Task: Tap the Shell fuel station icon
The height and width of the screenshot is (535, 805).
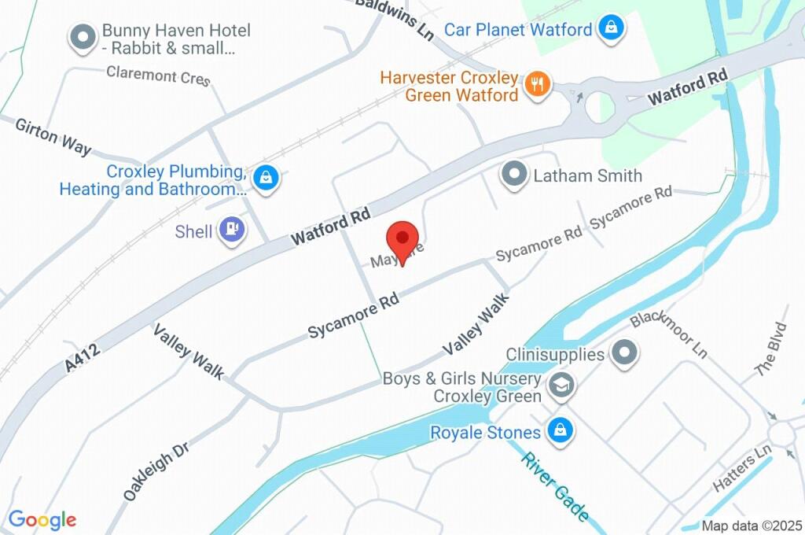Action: pyautogui.click(x=232, y=231)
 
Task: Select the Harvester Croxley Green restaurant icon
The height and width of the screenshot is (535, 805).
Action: pyautogui.click(x=539, y=85)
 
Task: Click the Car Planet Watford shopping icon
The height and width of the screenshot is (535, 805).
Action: pyautogui.click(x=610, y=30)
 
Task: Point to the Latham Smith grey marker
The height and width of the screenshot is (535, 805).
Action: pyautogui.click(x=515, y=175)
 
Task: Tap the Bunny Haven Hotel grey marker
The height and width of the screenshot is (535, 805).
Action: pyautogui.click(x=83, y=38)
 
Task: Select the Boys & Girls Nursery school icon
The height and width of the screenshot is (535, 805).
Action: pyautogui.click(x=561, y=386)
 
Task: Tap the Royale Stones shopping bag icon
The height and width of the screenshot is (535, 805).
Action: pyautogui.click(x=560, y=431)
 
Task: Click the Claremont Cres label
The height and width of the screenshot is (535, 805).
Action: pyautogui.click(x=158, y=76)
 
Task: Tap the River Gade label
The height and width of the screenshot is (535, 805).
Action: pyautogui.click(x=556, y=486)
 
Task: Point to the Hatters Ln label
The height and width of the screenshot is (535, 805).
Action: pyautogui.click(x=743, y=471)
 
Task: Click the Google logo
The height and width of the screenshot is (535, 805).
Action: pyautogui.click(x=42, y=519)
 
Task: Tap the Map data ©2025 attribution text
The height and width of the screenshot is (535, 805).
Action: pyautogui.click(x=752, y=526)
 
